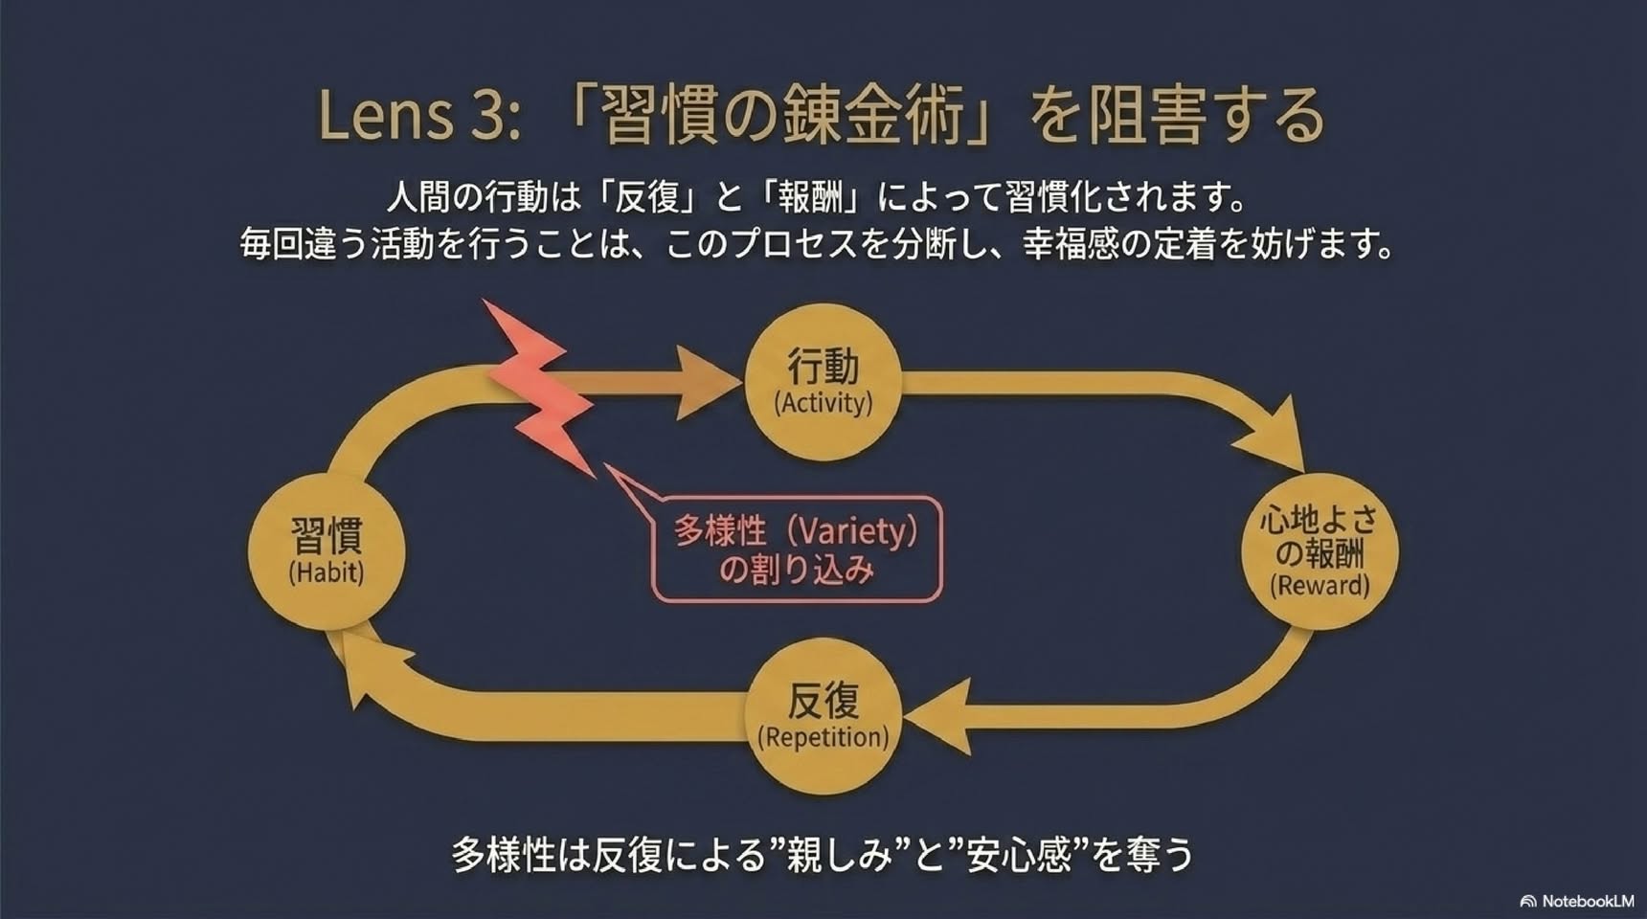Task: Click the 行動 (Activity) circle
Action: [823, 382]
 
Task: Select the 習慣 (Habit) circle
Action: [327, 551]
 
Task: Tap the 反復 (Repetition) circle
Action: [823, 716]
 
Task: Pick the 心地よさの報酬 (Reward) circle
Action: [1320, 551]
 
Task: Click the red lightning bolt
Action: [541, 388]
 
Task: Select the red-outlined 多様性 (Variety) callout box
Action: [797, 549]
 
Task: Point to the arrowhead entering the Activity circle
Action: [709, 382]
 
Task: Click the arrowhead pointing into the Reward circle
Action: [1274, 436]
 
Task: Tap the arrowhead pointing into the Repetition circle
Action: [938, 716]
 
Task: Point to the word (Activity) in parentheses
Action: [823, 403]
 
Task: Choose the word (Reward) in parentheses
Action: [1320, 586]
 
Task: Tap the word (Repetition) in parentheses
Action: [823, 737]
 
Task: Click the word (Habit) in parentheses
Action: [327, 572]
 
